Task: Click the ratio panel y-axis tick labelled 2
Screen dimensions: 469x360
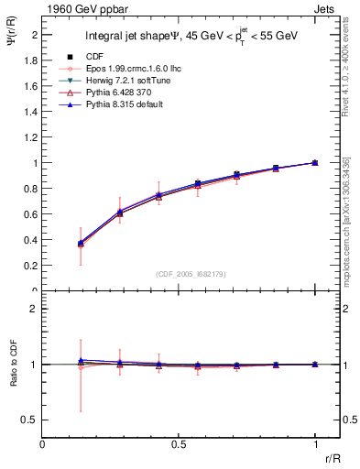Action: tap(35, 309)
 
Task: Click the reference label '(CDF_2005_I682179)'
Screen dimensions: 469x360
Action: tap(179, 274)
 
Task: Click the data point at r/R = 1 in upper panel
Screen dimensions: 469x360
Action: tap(315, 162)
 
